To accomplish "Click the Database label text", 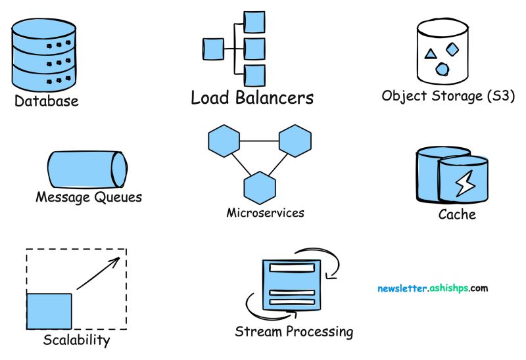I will point(46,101).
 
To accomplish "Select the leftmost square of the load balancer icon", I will point(211,49).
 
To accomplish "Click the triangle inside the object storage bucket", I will point(430,54).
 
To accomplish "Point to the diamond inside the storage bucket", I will point(452,49).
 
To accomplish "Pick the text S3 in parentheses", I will point(498,96).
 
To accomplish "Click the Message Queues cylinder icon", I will point(85,169).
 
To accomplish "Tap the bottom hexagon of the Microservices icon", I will point(259,187).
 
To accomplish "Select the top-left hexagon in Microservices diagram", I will point(224,141).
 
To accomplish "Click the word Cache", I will point(456,215).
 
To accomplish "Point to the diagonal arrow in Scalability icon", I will point(97,273).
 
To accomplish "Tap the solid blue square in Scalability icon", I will point(49,311).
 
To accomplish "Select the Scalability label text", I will point(76,340).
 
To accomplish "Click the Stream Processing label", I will point(294,332).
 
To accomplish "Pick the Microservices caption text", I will point(265,213).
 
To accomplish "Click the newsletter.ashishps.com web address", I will point(433,288).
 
